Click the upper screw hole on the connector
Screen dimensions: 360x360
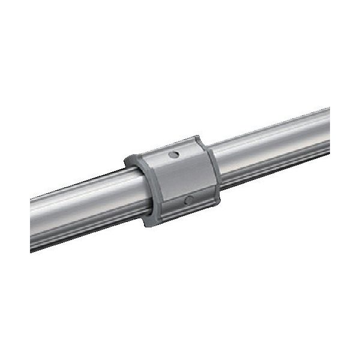[x=173, y=155]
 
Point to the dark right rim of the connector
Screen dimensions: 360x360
[x=212, y=171]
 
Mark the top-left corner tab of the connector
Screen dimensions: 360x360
[x=131, y=160]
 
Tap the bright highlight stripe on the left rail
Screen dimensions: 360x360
[x=84, y=193]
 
